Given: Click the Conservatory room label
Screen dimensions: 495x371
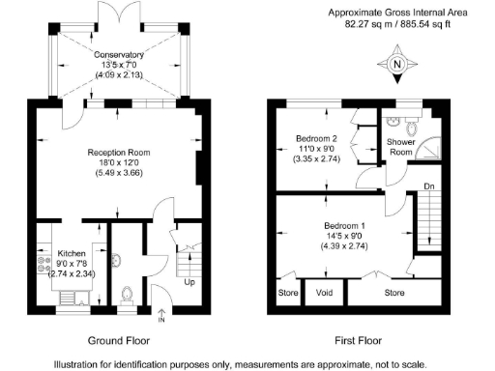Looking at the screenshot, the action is point(119,55).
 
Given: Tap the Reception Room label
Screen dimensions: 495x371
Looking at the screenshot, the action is point(119,153).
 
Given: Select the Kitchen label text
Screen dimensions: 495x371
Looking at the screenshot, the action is point(72,253).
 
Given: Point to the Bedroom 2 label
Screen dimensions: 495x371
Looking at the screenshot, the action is point(316,138).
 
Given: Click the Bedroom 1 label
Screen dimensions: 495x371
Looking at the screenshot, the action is point(344,225).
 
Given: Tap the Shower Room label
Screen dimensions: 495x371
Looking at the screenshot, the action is point(401,147).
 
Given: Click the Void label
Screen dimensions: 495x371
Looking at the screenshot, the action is point(324,293).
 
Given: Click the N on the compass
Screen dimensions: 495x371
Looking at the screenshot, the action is point(397,64).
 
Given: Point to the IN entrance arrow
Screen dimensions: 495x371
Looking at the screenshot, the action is point(161,316).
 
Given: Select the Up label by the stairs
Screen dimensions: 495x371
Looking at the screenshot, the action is point(189,282).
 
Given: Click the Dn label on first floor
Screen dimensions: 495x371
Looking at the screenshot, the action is point(429,186).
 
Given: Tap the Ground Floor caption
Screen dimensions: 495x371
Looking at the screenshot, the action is point(119,340).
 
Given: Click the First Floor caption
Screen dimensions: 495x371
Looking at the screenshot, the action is point(358,340).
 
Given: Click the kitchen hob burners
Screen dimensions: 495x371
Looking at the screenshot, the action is point(44,264).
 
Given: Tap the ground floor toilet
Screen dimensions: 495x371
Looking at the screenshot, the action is point(127,295).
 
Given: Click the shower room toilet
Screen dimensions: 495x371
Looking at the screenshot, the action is point(412,127).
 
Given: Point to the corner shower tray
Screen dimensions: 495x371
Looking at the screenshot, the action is point(427,148).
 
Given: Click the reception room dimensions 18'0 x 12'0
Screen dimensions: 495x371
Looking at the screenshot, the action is point(119,162).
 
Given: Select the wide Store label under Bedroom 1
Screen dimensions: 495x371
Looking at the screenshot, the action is point(394,293).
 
